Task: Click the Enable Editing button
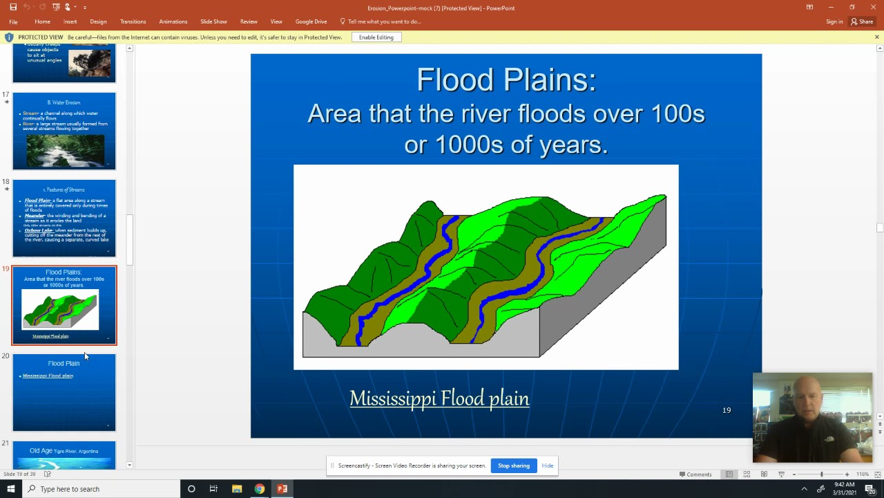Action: click(376, 37)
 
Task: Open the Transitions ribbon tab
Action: click(133, 21)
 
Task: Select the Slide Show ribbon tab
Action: click(213, 21)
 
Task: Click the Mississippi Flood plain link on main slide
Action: click(439, 398)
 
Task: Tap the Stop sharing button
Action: click(514, 465)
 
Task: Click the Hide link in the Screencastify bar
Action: click(547, 465)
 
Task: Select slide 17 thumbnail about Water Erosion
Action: click(64, 131)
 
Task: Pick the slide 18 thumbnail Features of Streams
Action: click(64, 219)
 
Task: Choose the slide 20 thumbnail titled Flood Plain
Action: click(64, 392)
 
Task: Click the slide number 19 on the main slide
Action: click(727, 410)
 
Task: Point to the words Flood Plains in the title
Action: click(506, 80)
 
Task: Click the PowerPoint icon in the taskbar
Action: click(282, 489)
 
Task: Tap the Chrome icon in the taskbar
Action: click(259, 489)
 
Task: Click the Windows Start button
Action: click(11, 489)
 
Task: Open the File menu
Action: click(13, 21)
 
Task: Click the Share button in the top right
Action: click(862, 21)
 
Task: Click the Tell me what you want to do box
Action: click(384, 21)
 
